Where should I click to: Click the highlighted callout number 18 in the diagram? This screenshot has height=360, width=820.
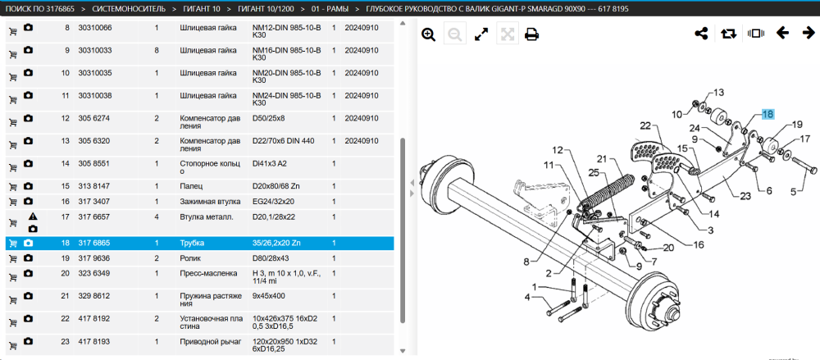click(x=768, y=114)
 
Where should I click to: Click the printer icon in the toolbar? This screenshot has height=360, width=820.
click(x=532, y=35)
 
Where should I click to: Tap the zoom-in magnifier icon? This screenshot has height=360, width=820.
click(x=429, y=35)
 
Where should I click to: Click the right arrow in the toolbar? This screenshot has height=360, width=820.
click(x=809, y=34)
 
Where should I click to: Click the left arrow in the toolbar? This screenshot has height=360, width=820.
click(x=782, y=34)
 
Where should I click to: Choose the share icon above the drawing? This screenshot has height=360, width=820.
click(x=701, y=34)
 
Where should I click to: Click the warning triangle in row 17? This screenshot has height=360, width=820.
click(x=33, y=216)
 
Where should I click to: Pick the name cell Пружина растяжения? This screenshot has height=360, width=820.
click(x=211, y=300)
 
